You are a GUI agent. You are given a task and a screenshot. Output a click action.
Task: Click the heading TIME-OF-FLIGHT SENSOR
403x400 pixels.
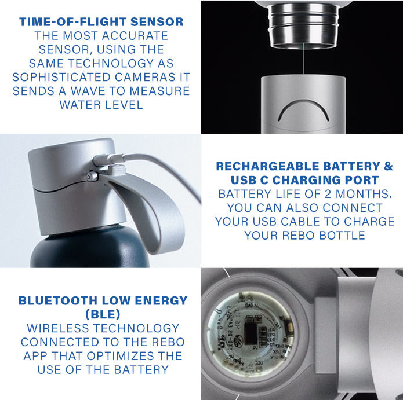[101, 22]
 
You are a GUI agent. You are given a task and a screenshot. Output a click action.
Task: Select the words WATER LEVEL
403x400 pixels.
[101, 105]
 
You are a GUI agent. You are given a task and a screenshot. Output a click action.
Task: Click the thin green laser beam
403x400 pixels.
[303, 58]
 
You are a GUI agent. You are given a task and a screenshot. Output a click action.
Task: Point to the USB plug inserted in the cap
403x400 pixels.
[108, 159]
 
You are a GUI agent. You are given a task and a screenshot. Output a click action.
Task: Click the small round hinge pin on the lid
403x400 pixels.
[92, 177]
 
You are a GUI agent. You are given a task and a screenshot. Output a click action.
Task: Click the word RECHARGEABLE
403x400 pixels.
[269, 166]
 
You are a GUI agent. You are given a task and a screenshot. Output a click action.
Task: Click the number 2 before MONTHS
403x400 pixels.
[328, 194]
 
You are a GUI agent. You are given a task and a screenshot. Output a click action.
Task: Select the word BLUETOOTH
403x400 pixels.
[58, 300]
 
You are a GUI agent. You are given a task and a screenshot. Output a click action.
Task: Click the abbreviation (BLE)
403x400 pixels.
[103, 314]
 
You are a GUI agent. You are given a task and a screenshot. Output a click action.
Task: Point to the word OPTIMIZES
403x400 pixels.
[121, 356]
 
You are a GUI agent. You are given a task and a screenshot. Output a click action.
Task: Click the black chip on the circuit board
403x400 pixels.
[250, 333]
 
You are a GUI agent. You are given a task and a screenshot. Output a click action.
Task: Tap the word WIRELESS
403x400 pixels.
[59, 328]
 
